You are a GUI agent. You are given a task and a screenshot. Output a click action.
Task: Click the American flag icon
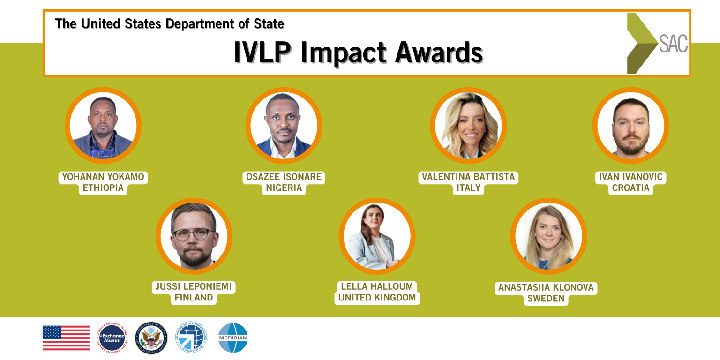click(x=66, y=338)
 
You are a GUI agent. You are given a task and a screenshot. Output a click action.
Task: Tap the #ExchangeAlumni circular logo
click(x=112, y=338)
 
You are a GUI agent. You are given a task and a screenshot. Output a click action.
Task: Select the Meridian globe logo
click(x=233, y=338)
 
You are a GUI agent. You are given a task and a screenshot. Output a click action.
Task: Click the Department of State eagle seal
click(x=151, y=338)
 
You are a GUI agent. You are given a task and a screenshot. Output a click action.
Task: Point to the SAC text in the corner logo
click(x=673, y=44)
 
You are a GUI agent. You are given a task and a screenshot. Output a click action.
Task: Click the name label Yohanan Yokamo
click(x=103, y=177)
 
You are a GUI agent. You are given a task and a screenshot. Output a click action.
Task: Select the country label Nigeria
click(x=284, y=188)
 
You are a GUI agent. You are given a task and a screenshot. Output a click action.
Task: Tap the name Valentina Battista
click(x=468, y=177)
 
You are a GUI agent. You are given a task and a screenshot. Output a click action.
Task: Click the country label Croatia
click(x=630, y=188)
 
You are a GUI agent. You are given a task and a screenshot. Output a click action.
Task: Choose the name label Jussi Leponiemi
click(x=194, y=286)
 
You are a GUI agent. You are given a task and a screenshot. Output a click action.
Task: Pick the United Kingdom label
click(x=377, y=298)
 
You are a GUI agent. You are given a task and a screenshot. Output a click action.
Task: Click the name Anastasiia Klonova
click(x=546, y=287)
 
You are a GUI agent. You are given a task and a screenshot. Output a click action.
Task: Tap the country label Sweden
click(x=546, y=299)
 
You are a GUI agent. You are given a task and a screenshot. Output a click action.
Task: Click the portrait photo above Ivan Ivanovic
click(x=630, y=126)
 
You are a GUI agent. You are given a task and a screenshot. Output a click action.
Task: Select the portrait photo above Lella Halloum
click(x=377, y=236)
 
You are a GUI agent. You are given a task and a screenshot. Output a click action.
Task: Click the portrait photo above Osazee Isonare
click(x=284, y=126)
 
